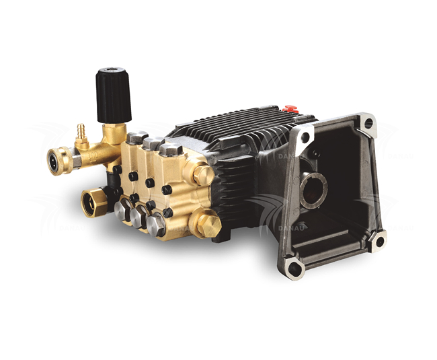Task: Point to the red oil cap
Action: click(290, 108)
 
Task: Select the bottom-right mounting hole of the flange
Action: click(379, 239)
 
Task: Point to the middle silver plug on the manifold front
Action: click(140, 217)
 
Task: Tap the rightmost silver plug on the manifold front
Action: click(157, 225)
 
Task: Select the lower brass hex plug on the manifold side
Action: click(208, 225)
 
